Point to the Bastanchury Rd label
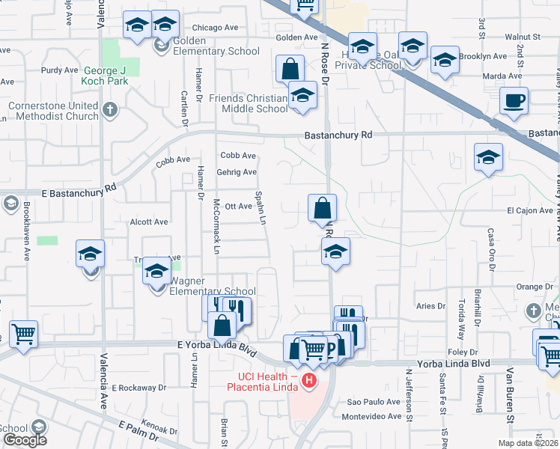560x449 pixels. click(338, 135)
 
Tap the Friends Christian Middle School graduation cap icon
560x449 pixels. click(302, 97)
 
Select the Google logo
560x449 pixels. click(25, 440)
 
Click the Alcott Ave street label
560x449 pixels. click(149, 222)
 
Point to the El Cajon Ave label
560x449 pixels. click(529, 210)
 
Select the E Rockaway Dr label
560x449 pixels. click(139, 388)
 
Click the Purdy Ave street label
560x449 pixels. click(60, 70)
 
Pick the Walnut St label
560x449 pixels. click(522, 36)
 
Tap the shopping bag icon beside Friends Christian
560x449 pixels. click(290, 70)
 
